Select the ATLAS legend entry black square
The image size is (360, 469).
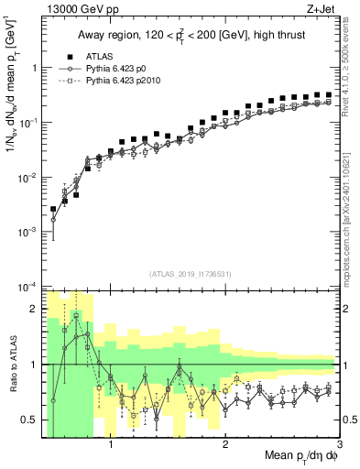tap(68, 56)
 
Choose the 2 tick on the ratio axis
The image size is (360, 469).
tap(34, 309)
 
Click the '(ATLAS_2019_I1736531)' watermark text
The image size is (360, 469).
tap(190, 274)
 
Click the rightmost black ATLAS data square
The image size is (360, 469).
tap(328, 94)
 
